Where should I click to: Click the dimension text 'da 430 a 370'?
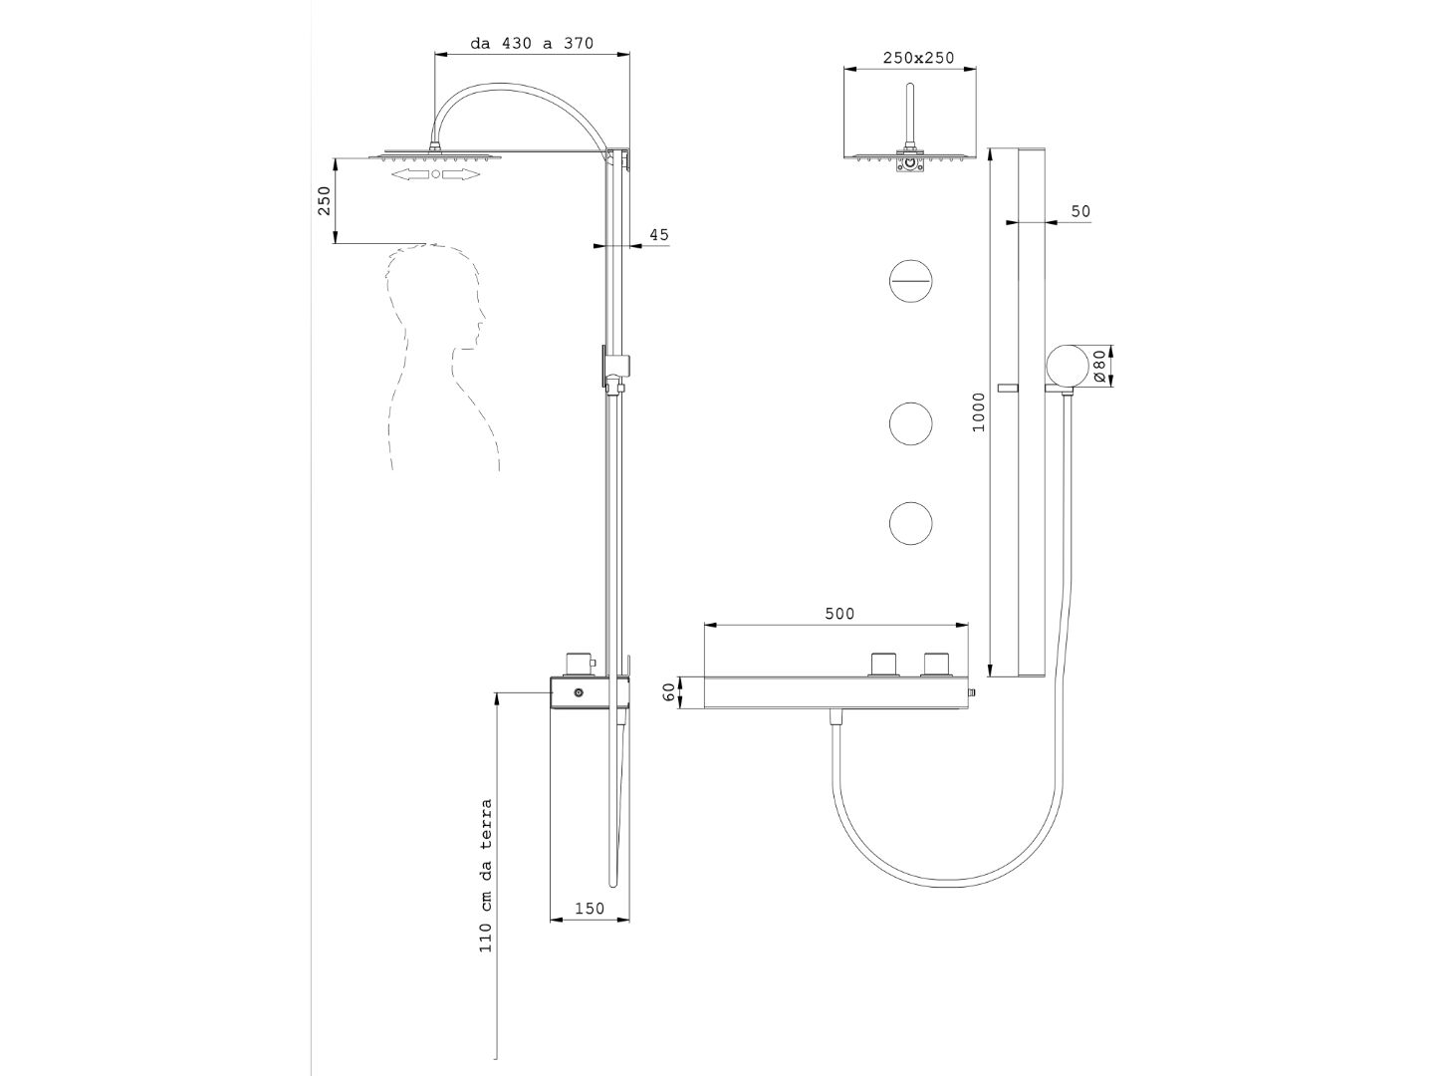point(532,43)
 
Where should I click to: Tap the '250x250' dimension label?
point(918,58)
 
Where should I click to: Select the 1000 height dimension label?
point(978,411)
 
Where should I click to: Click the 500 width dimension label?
point(839,614)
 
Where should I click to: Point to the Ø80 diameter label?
point(1099,366)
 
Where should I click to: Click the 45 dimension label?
point(658,235)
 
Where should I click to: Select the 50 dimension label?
point(1080,211)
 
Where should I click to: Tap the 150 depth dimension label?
point(590,908)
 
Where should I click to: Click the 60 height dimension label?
point(669,692)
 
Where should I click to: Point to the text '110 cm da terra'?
point(486,875)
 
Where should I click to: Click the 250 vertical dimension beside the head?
point(324,200)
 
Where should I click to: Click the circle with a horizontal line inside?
point(910,281)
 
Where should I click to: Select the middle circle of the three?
point(910,423)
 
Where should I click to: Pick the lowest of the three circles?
point(910,524)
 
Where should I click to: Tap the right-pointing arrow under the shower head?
point(461,174)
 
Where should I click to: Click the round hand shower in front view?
point(1067,366)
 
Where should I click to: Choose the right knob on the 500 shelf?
point(936,665)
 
